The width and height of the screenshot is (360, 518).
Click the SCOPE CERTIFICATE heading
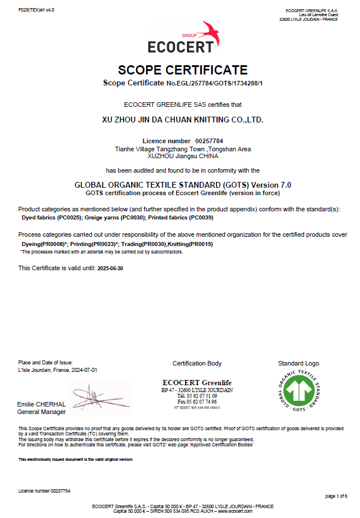tap(183, 70)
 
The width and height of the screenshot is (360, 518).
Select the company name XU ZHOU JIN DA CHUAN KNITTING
tap(182, 121)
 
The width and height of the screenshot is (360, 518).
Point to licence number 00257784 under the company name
tap(209, 141)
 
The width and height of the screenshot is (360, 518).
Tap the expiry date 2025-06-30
tap(111, 269)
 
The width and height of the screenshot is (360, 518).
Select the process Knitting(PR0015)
tap(190, 244)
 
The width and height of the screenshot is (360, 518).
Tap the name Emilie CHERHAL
tap(42, 404)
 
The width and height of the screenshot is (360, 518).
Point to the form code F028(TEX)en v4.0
tap(36, 10)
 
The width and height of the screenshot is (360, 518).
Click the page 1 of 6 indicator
tap(336, 496)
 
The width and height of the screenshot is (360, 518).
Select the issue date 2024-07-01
tap(84, 370)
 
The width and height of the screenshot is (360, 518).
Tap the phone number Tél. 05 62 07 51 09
tap(197, 396)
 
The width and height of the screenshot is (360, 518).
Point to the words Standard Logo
tap(298, 363)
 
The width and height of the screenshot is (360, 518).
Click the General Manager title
tap(42, 412)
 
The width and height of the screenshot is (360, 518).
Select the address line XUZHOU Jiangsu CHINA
tap(183, 156)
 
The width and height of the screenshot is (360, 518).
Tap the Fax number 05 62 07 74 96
tap(197, 401)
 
